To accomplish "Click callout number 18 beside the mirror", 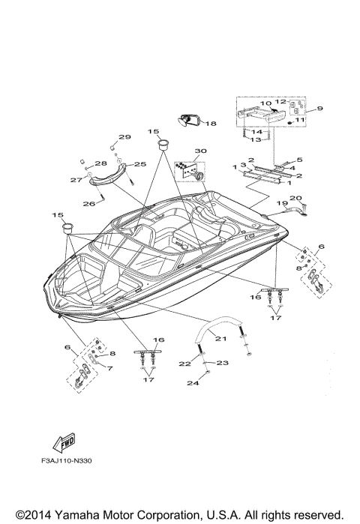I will point(211,124).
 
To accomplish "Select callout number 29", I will point(124,137).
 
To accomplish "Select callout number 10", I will point(265,103).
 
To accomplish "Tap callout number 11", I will point(300,119).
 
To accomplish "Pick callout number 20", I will point(295,198).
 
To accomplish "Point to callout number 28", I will point(100,162).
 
